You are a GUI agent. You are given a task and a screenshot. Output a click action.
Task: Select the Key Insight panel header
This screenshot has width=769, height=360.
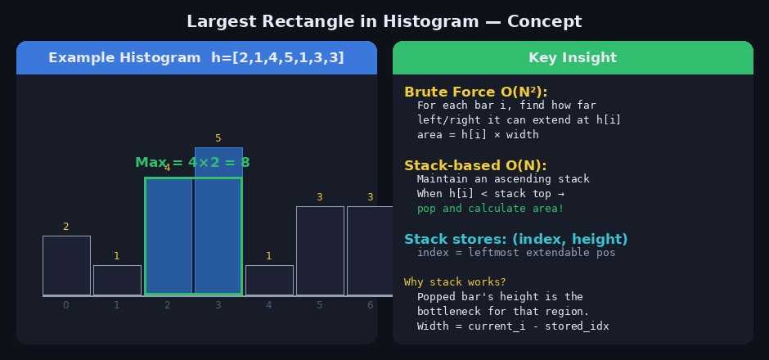(573, 58)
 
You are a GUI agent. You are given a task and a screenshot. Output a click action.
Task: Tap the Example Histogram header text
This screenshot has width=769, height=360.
(196, 58)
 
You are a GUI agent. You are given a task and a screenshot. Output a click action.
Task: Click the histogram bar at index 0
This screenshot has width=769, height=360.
(67, 266)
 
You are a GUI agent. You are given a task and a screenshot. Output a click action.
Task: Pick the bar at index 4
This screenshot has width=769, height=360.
(269, 281)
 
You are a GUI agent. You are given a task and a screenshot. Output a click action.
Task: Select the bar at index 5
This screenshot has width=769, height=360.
(320, 251)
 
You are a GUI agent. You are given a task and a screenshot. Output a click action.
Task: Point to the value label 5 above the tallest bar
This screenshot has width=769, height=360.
(218, 138)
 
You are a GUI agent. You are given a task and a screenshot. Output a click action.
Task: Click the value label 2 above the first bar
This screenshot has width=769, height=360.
(66, 227)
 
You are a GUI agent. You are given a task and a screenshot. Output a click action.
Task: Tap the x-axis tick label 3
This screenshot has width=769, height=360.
(218, 305)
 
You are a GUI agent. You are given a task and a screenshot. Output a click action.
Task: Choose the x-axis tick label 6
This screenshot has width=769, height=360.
(371, 305)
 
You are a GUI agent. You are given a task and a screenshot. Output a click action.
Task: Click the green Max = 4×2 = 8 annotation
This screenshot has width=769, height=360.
(192, 162)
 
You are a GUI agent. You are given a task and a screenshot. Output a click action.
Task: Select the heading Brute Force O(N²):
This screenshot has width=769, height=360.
(476, 92)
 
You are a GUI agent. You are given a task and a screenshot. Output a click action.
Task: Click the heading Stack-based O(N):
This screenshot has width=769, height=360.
(475, 165)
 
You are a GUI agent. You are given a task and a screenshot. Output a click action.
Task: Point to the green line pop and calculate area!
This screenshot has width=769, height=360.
(490, 209)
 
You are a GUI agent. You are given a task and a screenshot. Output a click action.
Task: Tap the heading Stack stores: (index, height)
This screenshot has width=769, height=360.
(516, 239)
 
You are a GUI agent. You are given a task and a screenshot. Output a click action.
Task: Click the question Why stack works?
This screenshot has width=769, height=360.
(455, 282)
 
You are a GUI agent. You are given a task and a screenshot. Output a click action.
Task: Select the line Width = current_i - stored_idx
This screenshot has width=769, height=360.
(513, 326)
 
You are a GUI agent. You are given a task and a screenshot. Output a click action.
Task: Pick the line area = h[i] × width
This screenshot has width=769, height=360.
(478, 135)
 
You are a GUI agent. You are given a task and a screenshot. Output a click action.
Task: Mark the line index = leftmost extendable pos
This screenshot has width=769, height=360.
(516, 253)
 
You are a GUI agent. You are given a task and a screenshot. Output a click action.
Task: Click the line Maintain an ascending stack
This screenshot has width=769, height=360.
(503, 179)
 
